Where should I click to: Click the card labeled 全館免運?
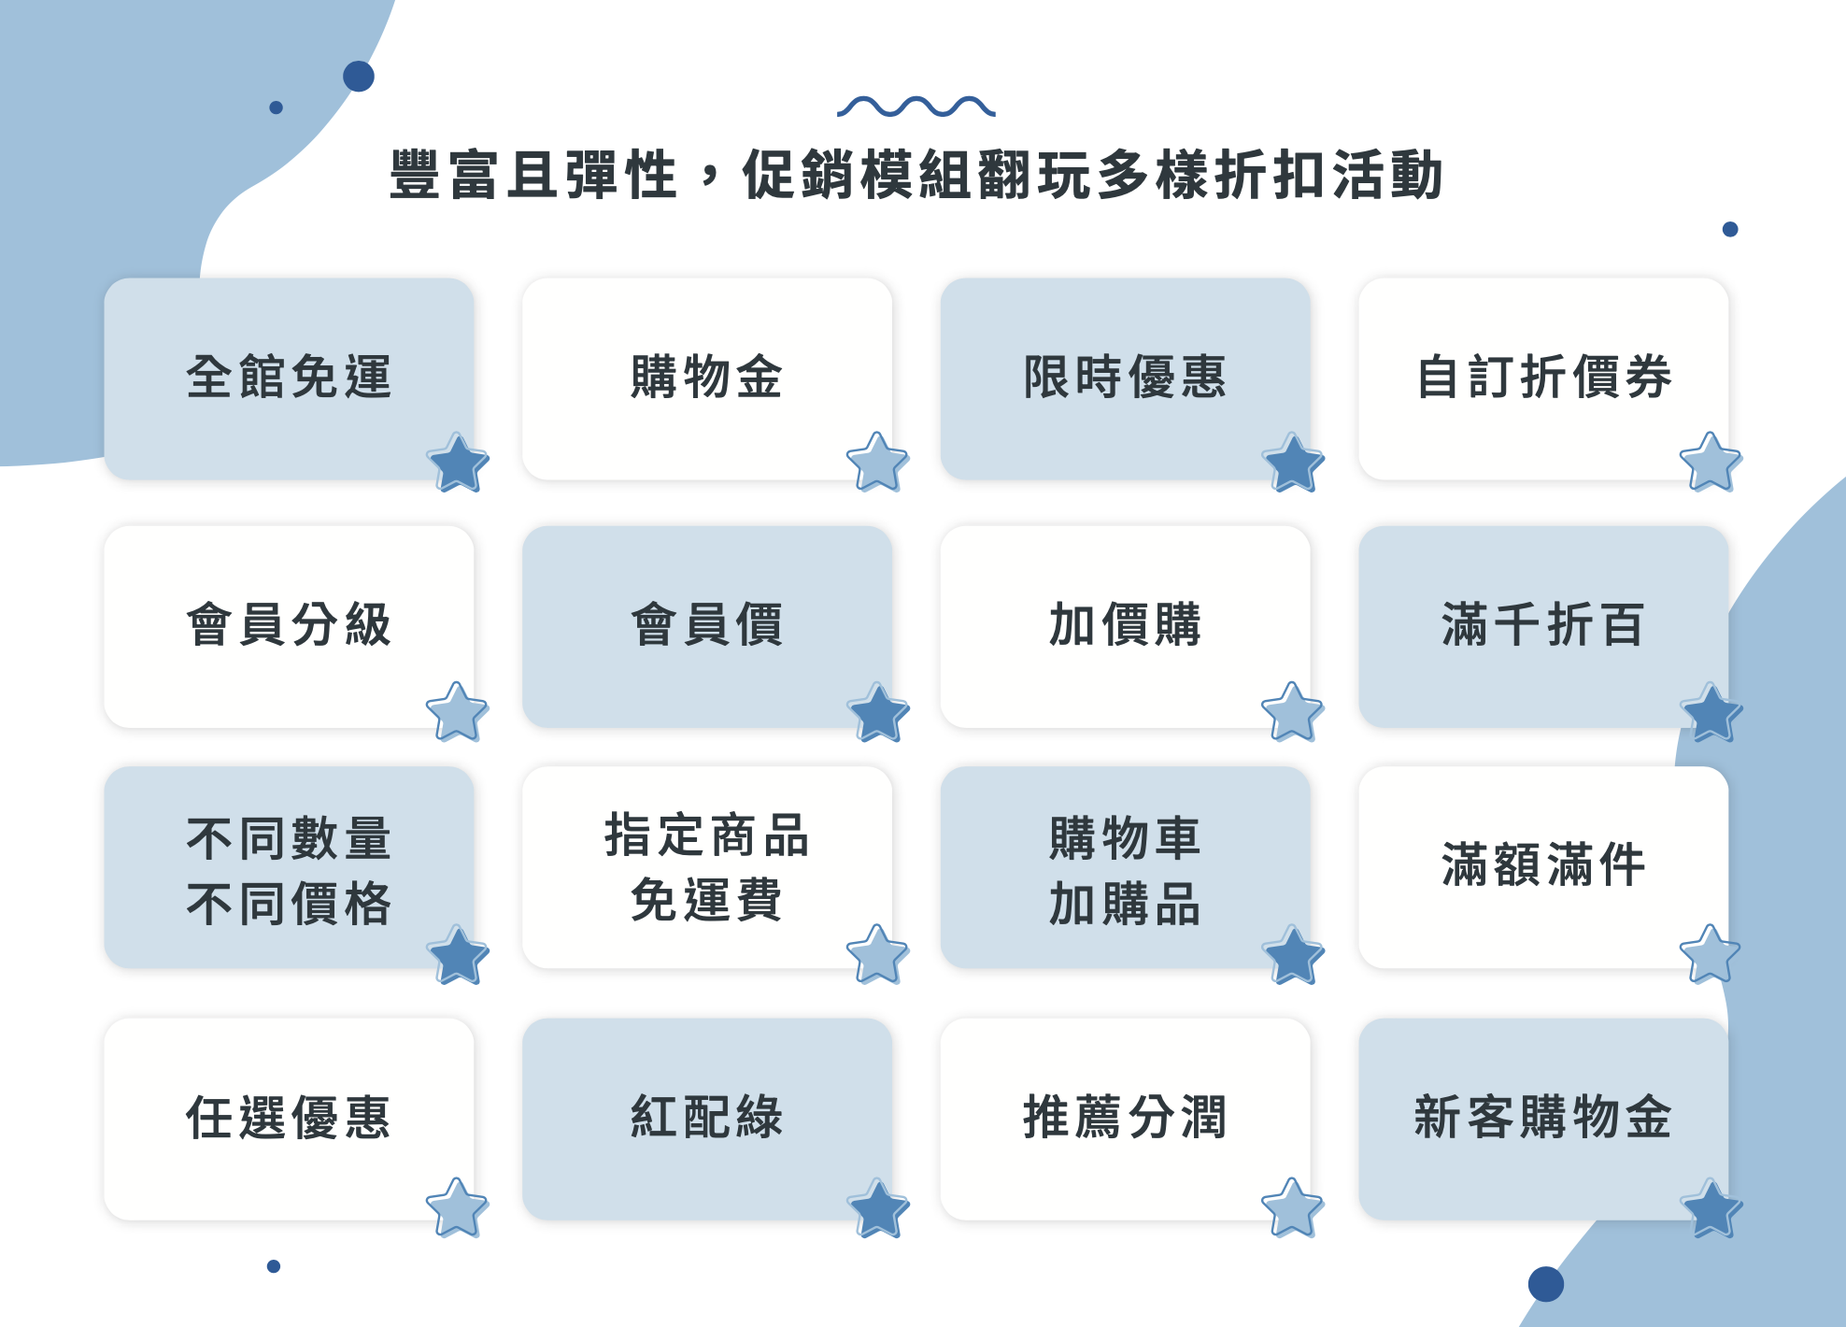pyautogui.click(x=289, y=378)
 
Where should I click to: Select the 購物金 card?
pyautogui.click(x=706, y=378)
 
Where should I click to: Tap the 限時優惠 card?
pyautogui.click(x=1125, y=378)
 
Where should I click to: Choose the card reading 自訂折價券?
pyautogui.click(x=1543, y=378)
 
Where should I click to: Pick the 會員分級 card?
pyautogui.click(x=289, y=626)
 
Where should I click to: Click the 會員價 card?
pyautogui.click(x=706, y=626)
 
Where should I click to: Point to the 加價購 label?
pyautogui.click(x=1125, y=625)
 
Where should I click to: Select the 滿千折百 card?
pyautogui.click(x=1543, y=626)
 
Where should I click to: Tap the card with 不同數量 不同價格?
pyautogui.click(x=289, y=869)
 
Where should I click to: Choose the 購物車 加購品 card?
pyautogui.click(x=1125, y=869)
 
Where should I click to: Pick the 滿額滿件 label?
pyautogui.click(x=1543, y=864)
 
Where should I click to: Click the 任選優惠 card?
pyautogui.click(x=289, y=1119)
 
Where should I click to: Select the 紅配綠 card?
pyautogui.click(x=706, y=1119)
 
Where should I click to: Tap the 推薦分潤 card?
pyautogui.click(x=1125, y=1119)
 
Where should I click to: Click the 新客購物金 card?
pyautogui.click(x=1543, y=1119)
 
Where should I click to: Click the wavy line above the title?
pyautogui.click(x=916, y=107)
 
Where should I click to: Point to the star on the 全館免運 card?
pyautogui.click(x=458, y=463)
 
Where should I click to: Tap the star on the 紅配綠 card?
pyautogui.click(x=879, y=1208)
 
